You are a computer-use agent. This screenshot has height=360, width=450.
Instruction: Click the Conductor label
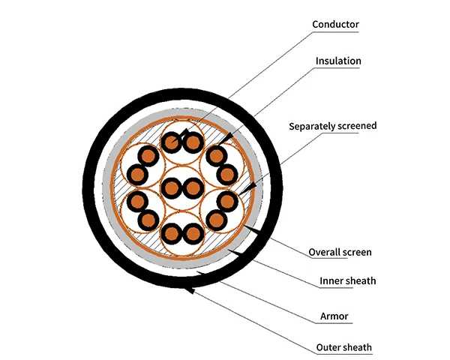[336, 25]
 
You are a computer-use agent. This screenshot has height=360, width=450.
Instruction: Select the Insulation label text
[338, 61]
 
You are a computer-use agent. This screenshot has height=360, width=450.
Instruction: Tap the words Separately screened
[333, 126]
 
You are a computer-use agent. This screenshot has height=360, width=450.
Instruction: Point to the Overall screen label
[340, 252]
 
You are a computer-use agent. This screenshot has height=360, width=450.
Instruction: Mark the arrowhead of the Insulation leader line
[225, 137]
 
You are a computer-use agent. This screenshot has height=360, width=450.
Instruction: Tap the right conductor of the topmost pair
[193, 142]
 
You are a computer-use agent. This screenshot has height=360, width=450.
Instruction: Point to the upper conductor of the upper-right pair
[217, 155]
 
